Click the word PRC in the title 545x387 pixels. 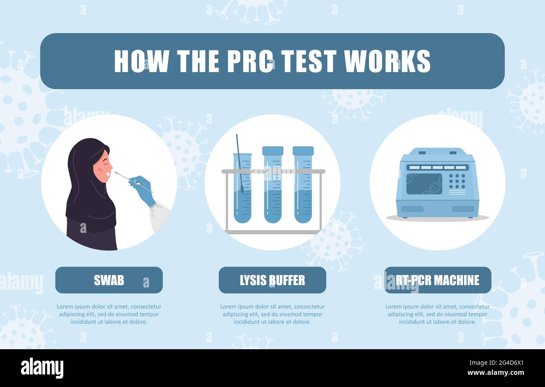250,61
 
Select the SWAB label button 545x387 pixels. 109,280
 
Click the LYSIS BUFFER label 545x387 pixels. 272,280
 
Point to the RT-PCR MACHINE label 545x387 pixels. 438,280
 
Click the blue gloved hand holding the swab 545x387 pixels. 143,190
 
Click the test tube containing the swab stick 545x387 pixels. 242,189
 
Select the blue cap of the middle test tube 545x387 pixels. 272,151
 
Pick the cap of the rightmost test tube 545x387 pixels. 303,151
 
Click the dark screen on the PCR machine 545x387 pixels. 424,184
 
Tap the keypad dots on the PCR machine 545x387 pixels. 457,181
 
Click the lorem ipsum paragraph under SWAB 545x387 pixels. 109,314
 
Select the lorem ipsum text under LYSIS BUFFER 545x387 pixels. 272,314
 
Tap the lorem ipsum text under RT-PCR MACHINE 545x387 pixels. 437,314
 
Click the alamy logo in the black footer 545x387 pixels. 42,368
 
